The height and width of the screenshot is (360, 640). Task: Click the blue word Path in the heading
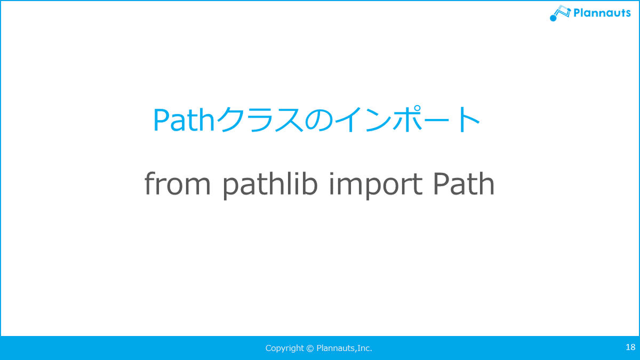point(183,120)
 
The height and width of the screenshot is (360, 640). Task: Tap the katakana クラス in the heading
point(260,119)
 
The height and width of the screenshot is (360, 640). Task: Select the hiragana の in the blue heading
point(319,120)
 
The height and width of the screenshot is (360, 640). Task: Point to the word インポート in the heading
point(407,119)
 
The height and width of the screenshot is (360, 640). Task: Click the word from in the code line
point(178,183)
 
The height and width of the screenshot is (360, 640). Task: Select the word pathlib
point(270,185)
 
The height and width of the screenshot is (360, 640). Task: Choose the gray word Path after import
point(463,183)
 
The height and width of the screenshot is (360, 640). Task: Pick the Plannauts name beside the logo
point(602,13)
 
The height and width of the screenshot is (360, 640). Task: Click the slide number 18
point(630,347)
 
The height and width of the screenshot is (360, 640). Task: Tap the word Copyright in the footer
point(285,348)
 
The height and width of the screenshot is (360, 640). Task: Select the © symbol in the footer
point(310,348)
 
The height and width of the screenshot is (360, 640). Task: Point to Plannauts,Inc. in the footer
point(345,348)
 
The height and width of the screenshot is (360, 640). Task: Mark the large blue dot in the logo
point(553,18)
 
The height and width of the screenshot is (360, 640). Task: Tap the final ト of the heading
point(468,119)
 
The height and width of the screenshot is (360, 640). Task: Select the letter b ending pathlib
point(310,183)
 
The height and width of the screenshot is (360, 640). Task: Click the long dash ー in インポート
point(438,119)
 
